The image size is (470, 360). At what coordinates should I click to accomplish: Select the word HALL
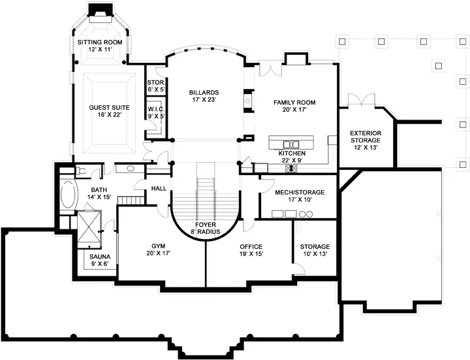click(x=159, y=188)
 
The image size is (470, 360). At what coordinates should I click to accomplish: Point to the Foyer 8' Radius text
click(x=206, y=228)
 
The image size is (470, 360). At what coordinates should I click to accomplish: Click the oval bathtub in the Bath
click(x=69, y=195)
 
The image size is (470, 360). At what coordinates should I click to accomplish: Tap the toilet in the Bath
click(x=81, y=171)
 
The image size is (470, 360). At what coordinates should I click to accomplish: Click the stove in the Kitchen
click(x=291, y=169)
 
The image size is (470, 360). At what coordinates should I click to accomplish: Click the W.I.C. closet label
click(x=156, y=112)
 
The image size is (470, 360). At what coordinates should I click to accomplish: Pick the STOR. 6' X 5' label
click(x=156, y=86)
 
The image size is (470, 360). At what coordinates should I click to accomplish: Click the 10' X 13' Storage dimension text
click(x=315, y=254)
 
